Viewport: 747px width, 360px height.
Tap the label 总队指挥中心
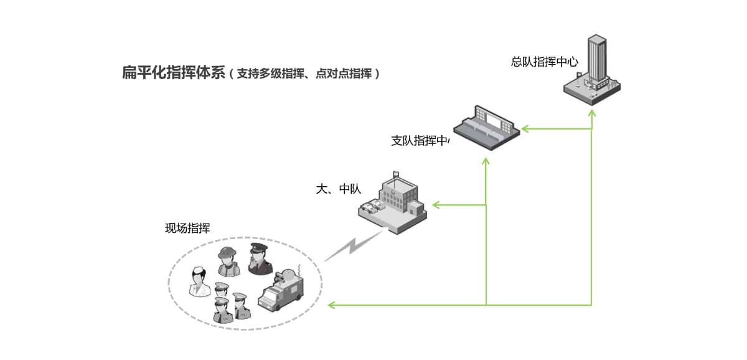point(545,62)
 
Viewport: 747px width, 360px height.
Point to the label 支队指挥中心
point(421,141)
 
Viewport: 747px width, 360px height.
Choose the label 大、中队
point(339,189)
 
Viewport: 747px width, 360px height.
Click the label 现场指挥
point(187,228)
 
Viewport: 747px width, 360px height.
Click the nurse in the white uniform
point(199,282)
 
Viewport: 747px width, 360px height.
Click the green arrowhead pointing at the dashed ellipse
point(332,305)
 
